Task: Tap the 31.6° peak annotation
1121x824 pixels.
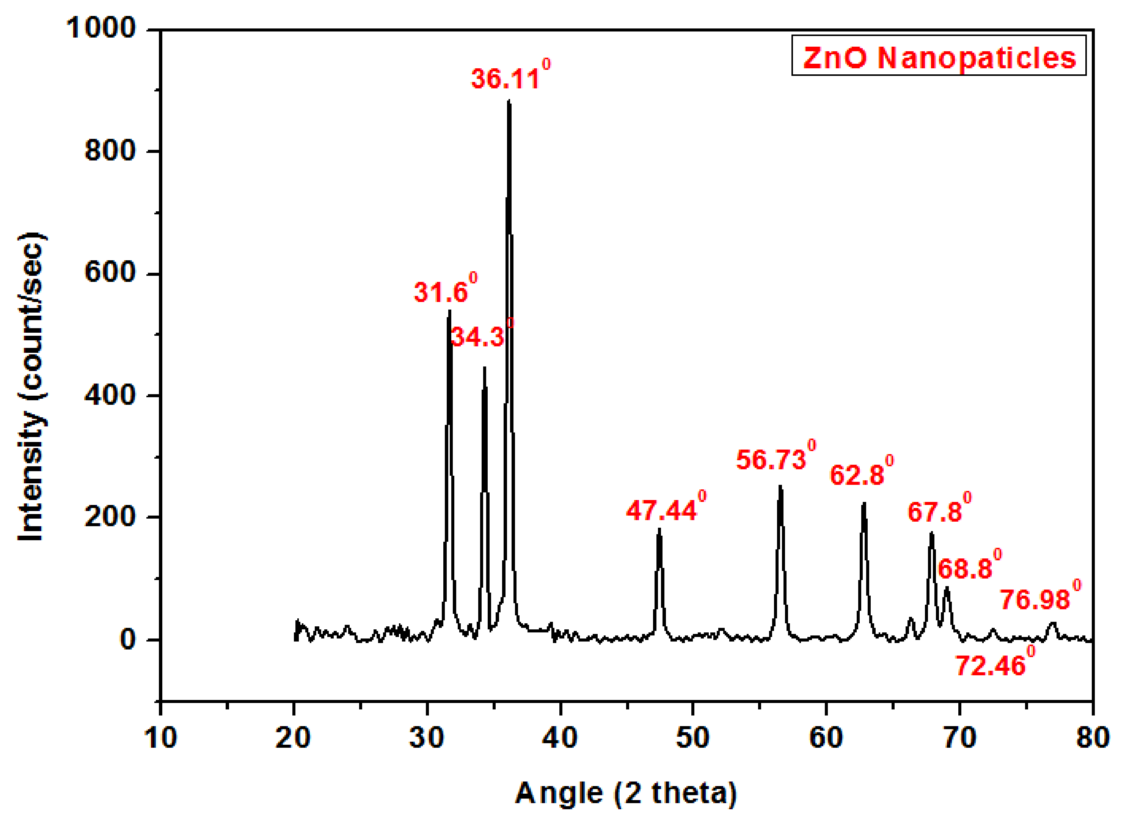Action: point(445,291)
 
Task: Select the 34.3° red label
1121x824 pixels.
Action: point(481,336)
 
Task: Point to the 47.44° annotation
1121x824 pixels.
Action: point(665,510)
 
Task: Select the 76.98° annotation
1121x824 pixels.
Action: point(1040,599)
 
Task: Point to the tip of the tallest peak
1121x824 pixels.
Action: point(509,102)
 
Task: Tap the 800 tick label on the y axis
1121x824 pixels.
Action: point(110,150)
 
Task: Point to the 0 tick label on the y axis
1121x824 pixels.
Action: point(128,640)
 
